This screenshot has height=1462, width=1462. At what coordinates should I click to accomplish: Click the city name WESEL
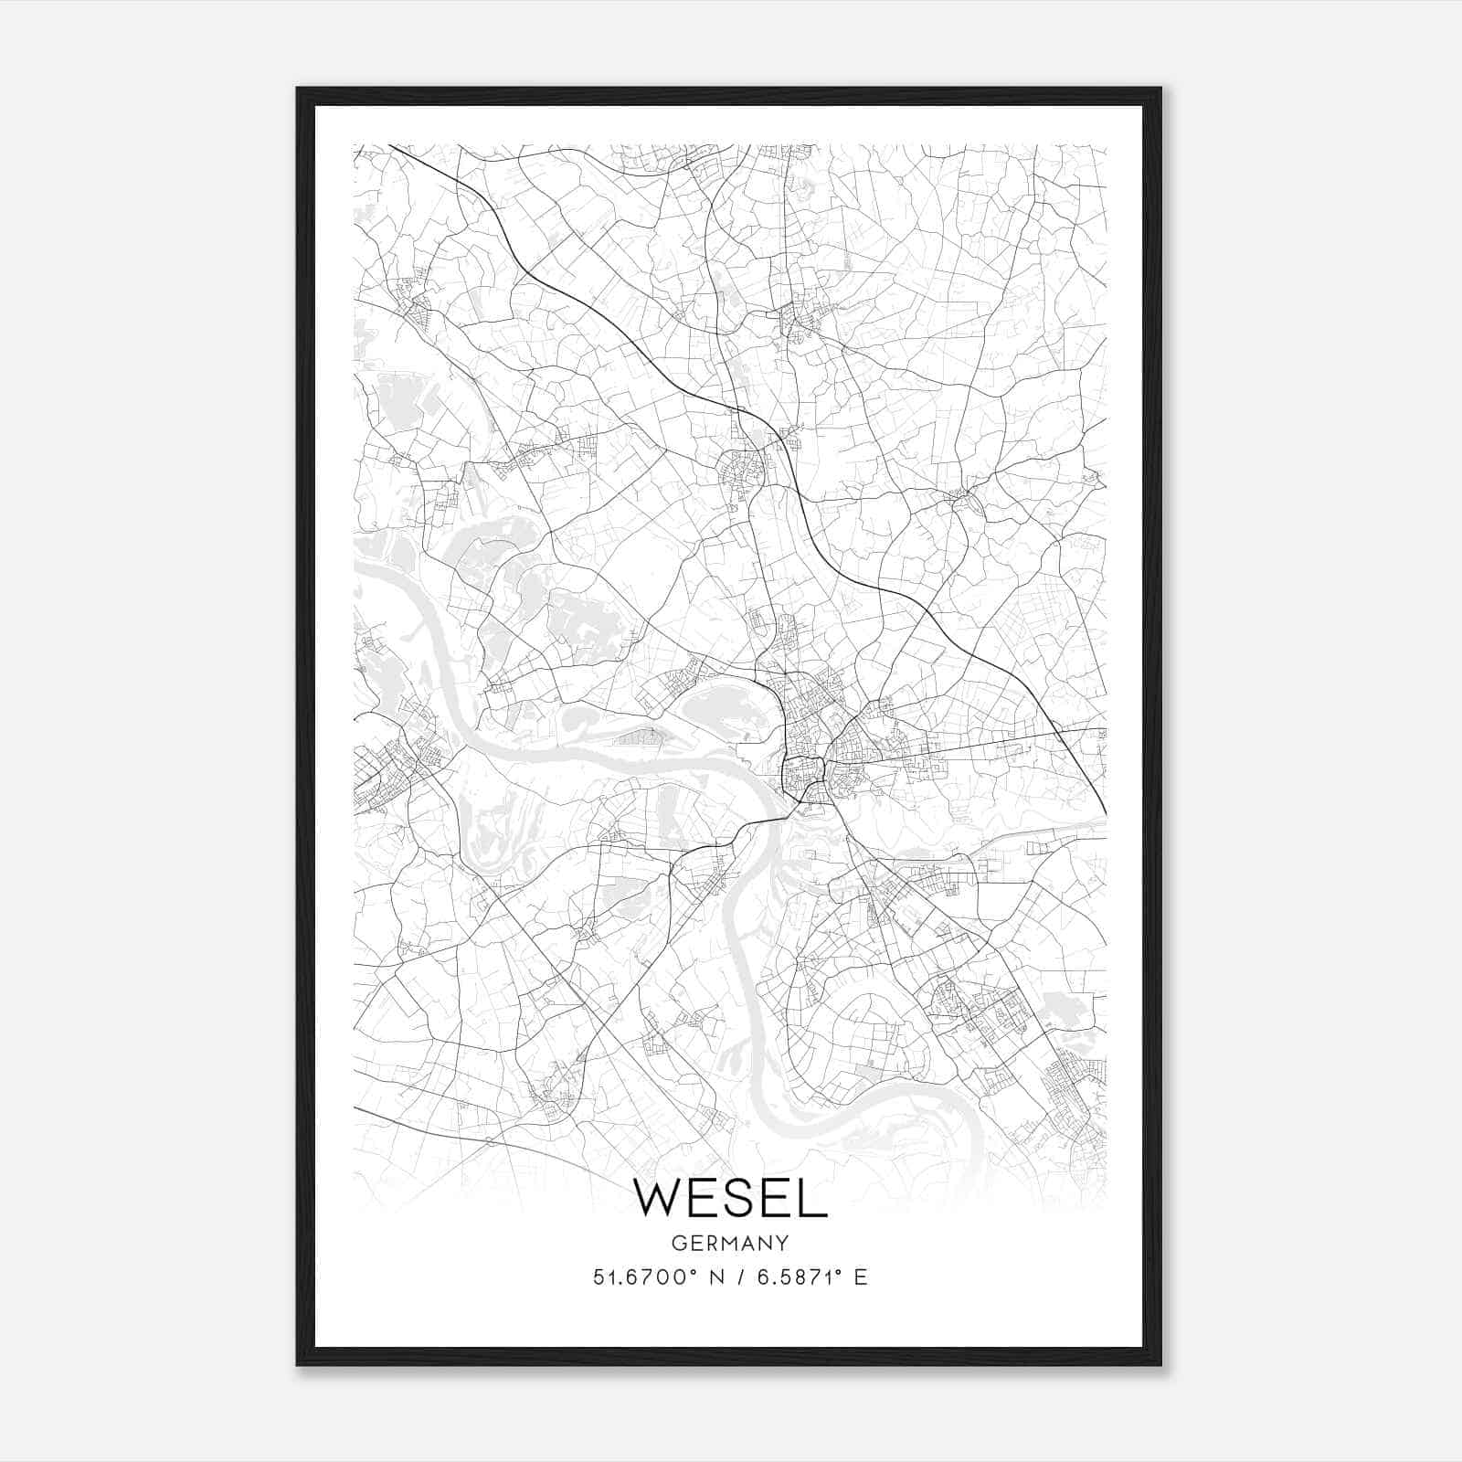pyautogui.click(x=730, y=1198)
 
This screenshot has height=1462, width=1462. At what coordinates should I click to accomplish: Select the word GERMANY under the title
pyautogui.click(x=730, y=1243)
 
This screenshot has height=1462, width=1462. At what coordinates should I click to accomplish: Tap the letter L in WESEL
pyautogui.click(x=814, y=1198)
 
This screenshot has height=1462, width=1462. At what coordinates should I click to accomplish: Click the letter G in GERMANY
pyautogui.click(x=677, y=1243)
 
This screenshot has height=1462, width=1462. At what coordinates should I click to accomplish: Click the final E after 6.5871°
pyautogui.click(x=860, y=1277)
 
